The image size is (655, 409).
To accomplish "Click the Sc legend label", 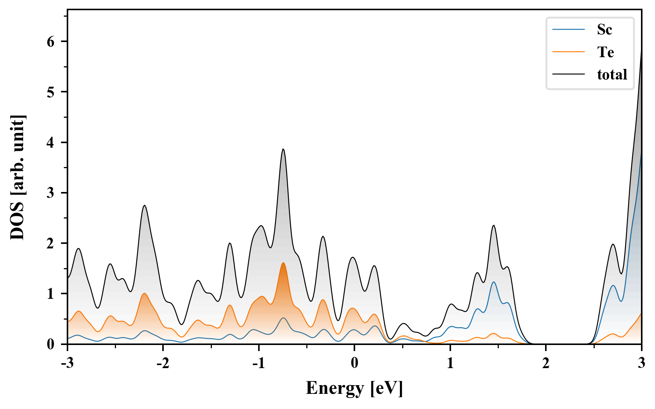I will click(604, 30).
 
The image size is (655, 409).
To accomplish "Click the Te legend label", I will click(605, 52).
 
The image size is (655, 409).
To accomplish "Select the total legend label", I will click(612, 75).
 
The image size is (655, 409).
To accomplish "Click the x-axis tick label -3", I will click(67, 363).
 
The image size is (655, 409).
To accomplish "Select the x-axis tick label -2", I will click(163, 363).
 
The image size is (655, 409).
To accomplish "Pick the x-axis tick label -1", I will click(259, 363).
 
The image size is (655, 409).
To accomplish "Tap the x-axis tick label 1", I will click(450, 363).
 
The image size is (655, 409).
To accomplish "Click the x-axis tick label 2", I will click(545, 363).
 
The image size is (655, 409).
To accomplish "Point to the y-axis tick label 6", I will click(51, 42).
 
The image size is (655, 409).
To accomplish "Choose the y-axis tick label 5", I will click(51, 92).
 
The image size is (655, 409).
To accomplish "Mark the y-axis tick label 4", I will click(51, 142).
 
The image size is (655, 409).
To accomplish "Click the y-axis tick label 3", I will click(51, 193).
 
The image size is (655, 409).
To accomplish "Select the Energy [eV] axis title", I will click(354, 388).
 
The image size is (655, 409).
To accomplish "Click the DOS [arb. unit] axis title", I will click(17, 177).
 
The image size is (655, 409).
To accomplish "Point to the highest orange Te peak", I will click(283, 263).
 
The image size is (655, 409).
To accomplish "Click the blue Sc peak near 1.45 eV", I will click(494, 282).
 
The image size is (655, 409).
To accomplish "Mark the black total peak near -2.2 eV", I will click(144, 205).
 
